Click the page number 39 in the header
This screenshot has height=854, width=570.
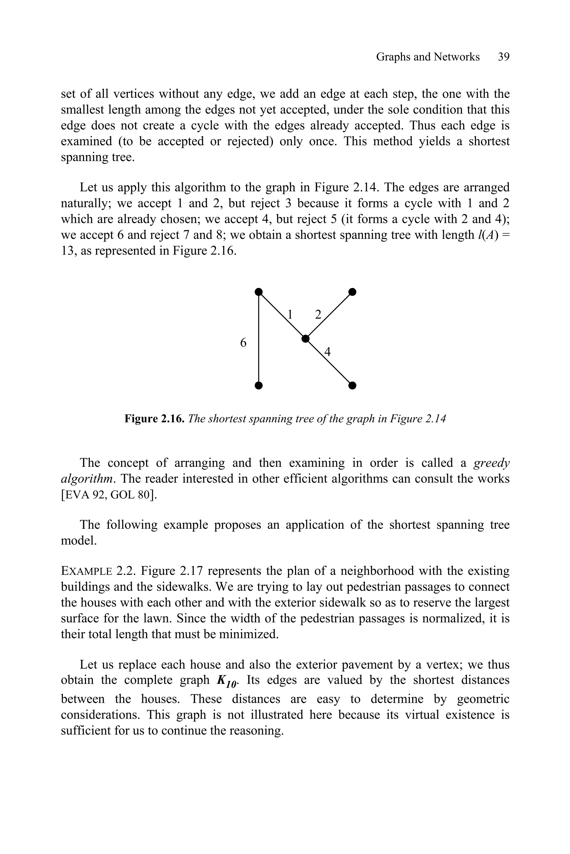[x=503, y=57]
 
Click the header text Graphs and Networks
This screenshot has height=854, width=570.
[x=427, y=57]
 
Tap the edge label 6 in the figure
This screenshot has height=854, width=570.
[x=243, y=342]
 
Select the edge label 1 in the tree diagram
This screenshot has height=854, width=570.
[x=290, y=314]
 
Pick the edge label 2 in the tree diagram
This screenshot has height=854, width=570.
[x=318, y=314]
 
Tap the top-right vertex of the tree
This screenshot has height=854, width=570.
[x=352, y=292]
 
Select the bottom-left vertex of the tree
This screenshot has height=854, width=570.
[x=259, y=385]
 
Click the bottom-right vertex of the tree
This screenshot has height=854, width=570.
[x=352, y=385]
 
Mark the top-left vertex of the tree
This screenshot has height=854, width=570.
[x=259, y=292]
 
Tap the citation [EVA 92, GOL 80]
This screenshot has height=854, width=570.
[x=109, y=495]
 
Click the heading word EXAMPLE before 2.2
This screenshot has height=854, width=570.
[x=87, y=571]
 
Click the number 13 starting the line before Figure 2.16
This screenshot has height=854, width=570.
[x=67, y=250]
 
